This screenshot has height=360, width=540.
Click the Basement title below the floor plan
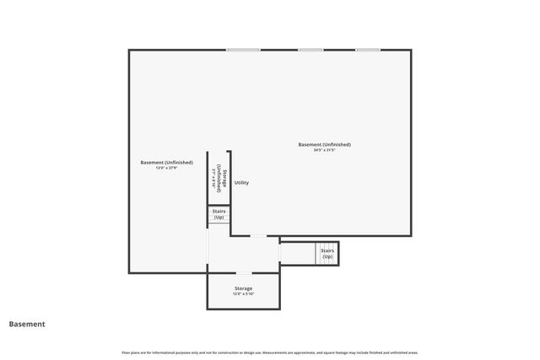[x=27, y=324]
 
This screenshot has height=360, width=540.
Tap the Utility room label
[x=242, y=183]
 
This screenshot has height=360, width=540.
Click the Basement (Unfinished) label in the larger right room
[x=325, y=144]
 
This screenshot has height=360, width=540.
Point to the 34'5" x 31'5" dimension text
[x=325, y=150]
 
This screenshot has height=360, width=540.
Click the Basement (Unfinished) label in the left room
[x=166, y=162]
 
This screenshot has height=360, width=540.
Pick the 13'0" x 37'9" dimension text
[x=166, y=168]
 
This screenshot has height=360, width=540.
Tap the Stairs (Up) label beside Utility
[x=219, y=214]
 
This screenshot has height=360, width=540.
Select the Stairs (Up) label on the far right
[x=327, y=253]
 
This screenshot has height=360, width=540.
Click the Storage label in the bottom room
[x=243, y=288]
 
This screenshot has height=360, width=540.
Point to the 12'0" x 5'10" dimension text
[x=243, y=294]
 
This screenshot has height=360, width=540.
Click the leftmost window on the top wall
[x=243, y=50]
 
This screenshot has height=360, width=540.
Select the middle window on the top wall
[x=310, y=50]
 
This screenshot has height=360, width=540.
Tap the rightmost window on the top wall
[x=367, y=50]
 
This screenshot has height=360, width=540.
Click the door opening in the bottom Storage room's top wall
[x=243, y=273]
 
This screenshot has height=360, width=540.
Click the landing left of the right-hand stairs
[x=297, y=253]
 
